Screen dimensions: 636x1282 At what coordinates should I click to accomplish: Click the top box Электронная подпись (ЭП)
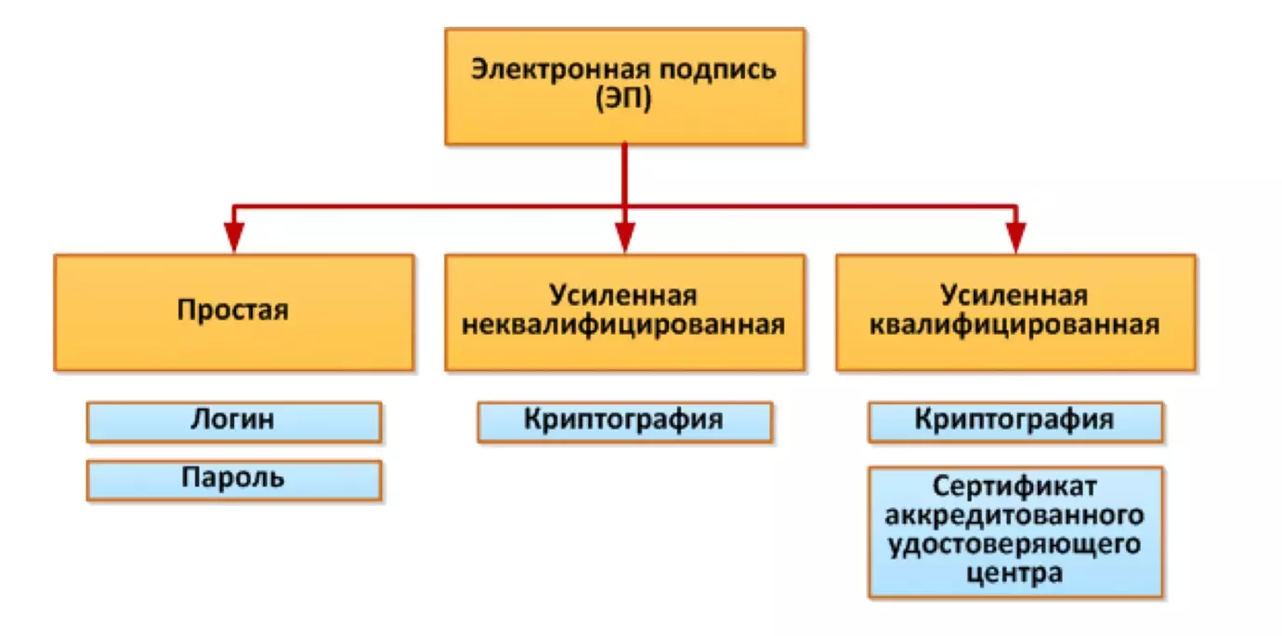pyautogui.click(x=624, y=86)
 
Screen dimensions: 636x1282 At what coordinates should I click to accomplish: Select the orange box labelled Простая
pyautogui.click(x=233, y=311)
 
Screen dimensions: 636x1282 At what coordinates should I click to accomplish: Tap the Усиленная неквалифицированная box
pyautogui.click(x=624, y=311)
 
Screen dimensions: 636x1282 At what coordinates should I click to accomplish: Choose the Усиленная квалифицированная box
pyautogui.click(x=1015, y=311)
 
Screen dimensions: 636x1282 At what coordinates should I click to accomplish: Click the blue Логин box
pyautogui.click(x=233, y=421)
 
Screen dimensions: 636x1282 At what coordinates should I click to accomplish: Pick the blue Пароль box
pyautogui.click(x=233, y=480)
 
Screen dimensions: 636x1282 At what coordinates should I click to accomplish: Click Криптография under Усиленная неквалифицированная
pyautogui.click(x=624, y=421)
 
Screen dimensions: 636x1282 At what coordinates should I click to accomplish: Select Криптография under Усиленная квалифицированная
pyautogui.click(x=1015, y=421)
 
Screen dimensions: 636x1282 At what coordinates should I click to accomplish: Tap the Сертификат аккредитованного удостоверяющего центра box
pyautogui.click(x=1015, y=531)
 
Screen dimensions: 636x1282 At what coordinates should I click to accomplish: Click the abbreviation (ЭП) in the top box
pyautogui.click(x=624, y=99)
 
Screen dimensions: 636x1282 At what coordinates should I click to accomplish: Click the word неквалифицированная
pyautogui.click(x=624, y=325)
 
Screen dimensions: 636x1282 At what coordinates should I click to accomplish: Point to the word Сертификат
pyautogui.click(x=1015, y=487)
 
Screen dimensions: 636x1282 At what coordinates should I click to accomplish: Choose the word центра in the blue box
pyautogui.click(x=1015, y=573)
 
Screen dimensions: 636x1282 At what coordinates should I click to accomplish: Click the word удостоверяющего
pyautogui.click(x=1015, y=544)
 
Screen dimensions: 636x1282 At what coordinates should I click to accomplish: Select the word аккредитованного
pyautogui.click(x=1015, y=515)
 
